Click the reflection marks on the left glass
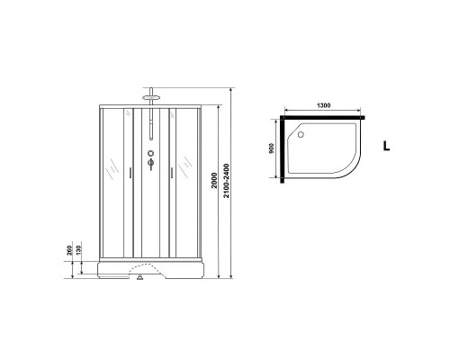click(x=111, y=168)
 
